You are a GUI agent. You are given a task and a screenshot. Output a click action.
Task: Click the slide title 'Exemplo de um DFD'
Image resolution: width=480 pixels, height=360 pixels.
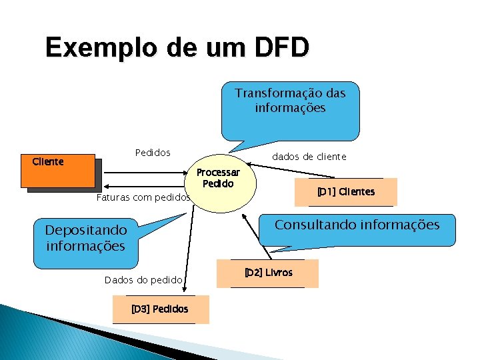click(x=177, y=47)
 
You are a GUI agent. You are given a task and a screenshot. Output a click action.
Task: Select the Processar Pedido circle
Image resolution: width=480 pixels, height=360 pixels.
click(x=223, y=183)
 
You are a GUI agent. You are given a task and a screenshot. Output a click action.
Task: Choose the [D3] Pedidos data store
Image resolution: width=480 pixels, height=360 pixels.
click(x=160, y=309)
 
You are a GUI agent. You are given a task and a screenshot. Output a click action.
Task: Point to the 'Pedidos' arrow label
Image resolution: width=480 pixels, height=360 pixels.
click(x=153, y=153)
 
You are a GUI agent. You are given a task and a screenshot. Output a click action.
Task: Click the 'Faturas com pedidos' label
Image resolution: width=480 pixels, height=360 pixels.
click(x=143, y=198)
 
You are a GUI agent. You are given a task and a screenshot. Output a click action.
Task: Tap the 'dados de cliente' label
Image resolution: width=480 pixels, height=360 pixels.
click(x=309, y=157)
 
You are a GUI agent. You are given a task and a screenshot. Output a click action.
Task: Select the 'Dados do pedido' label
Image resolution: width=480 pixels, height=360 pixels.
click(x=143, y=280)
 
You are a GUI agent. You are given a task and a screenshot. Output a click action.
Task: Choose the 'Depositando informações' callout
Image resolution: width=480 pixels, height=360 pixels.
click(x=85, y=239)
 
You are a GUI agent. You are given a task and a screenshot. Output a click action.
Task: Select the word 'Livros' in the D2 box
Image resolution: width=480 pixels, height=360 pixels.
click(x=279, y=273)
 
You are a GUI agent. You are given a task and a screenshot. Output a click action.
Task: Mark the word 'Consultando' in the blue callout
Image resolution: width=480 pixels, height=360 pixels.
click(x=315, y=225)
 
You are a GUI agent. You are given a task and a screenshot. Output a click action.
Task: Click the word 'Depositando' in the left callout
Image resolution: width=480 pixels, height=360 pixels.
click(x=85, y=231)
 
